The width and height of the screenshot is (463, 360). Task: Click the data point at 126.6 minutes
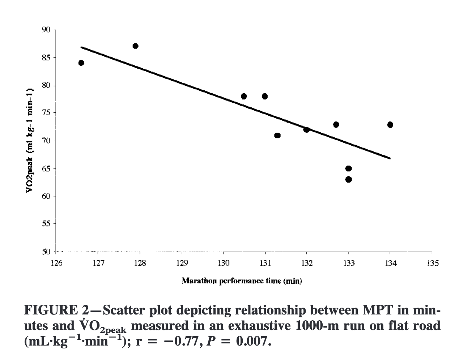tap(81, 63)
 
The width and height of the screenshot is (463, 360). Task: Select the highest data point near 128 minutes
tap(135, 46)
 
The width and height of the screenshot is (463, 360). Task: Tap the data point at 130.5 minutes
tap(244, 96)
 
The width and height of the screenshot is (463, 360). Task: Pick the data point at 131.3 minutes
tap(277, 136)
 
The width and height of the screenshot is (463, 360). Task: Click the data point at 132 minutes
tap(307, 129)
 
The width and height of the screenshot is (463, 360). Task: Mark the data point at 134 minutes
tap(390, 125)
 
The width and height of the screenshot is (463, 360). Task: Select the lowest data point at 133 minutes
tap(349, 179)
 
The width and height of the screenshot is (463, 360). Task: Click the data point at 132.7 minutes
tap(336, 125)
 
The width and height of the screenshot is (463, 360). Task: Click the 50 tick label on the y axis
tap(46, 252)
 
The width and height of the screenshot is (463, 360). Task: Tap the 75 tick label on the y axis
tap(46, 113)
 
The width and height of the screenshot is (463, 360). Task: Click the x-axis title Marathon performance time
tap(242, 281)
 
